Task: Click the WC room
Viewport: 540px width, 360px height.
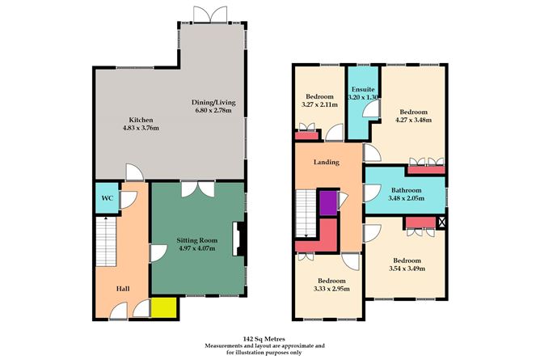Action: (106, 199)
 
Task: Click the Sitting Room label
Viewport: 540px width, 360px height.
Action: (197, 240)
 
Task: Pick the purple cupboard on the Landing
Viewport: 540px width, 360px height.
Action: (327, 202)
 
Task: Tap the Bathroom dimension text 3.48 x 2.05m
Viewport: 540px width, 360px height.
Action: (407, 198)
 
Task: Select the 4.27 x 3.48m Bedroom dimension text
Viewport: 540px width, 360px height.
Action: (414, 121)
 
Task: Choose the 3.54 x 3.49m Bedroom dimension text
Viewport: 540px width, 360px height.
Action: (407, 269)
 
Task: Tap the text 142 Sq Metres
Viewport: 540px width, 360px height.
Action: (264, 339)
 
